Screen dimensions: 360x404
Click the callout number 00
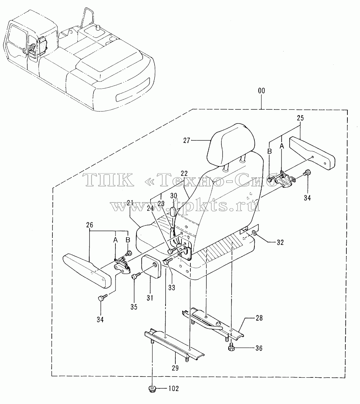click(x=261, y=91)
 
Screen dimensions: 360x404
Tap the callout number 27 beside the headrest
click(x=187, y=140)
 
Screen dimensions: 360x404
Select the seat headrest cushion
click(x=231, y=142)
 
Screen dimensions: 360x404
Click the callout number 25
click(x=300, y=118)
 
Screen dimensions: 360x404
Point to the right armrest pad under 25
click(x=312, y=153)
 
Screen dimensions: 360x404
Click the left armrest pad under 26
click(x=87, y=271)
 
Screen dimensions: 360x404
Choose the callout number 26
click(x=90, y=225)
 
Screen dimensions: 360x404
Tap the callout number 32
click(x=280, y=242)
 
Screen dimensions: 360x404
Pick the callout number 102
click(x=174, y=388)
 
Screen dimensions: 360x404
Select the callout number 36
click(x=259, y=348)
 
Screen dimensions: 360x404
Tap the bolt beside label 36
click(x=231, y=347)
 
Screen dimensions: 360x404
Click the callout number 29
click(x=175, y=368)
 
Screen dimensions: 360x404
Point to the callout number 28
click(x=259, y=318)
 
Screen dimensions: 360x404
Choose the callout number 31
click(x=150, y=298)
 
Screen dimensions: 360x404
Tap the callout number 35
click(x=134, y=307)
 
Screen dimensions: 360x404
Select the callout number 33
click(x=172, y=287)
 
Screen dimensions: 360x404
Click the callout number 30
click(x=174, y=196)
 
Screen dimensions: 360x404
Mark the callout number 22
click(x=184, y=174)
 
